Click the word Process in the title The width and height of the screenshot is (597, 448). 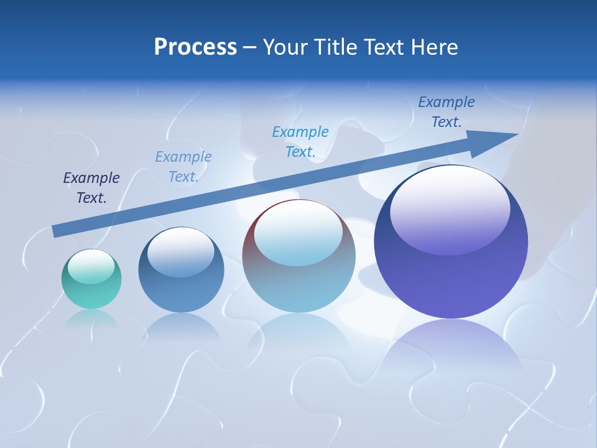coord(195,47)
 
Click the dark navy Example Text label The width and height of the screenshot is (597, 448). coord(91,188)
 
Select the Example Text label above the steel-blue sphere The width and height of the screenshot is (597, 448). coord(183,167)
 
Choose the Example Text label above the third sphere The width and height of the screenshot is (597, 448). coord(300,142)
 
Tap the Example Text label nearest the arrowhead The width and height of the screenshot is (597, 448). coord(447,112)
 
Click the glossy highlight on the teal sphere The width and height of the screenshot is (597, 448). coord(91,266)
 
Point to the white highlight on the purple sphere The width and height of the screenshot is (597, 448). coord(450,208)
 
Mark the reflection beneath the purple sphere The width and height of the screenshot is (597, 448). coord(451,348)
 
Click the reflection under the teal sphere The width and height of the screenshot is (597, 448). coord(91,319)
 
